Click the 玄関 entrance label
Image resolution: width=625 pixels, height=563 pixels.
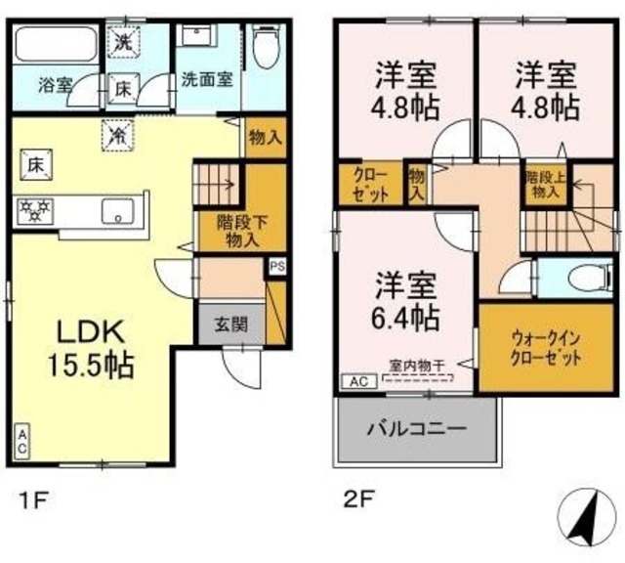(230, 325)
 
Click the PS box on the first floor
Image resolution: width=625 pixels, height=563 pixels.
(276, 265)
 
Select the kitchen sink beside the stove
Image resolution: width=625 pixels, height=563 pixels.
(118, 208)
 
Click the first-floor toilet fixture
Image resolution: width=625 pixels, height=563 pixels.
(265, 44)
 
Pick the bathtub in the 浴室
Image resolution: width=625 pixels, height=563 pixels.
(55, 45)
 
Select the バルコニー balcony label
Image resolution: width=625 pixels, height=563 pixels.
(416, 428)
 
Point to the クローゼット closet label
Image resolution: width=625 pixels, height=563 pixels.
(371, 183)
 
